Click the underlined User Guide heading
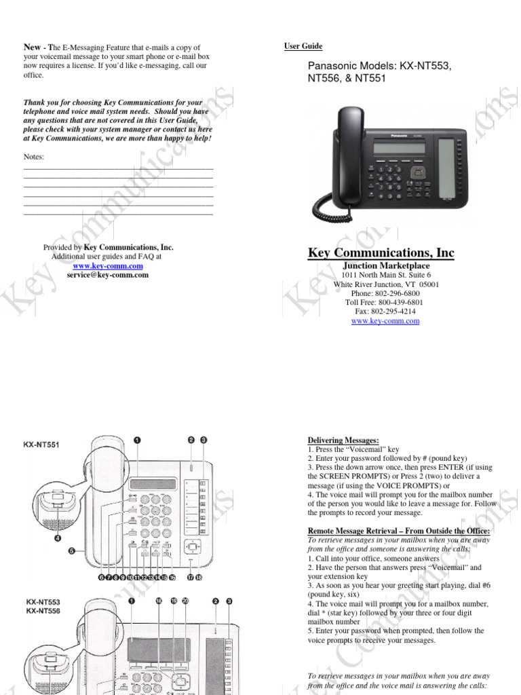pos(303,46)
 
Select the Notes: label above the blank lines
pos(33,157)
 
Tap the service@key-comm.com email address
pos(107,275)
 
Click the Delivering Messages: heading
pos(343,440)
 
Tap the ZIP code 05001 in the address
pos(428,284)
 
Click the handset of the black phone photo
pos(347,157)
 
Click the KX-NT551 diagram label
pos(43,445)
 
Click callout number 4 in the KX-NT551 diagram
pos(58,539)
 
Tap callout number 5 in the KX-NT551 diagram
pos(71,552)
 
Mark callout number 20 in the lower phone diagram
pos(185,601)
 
